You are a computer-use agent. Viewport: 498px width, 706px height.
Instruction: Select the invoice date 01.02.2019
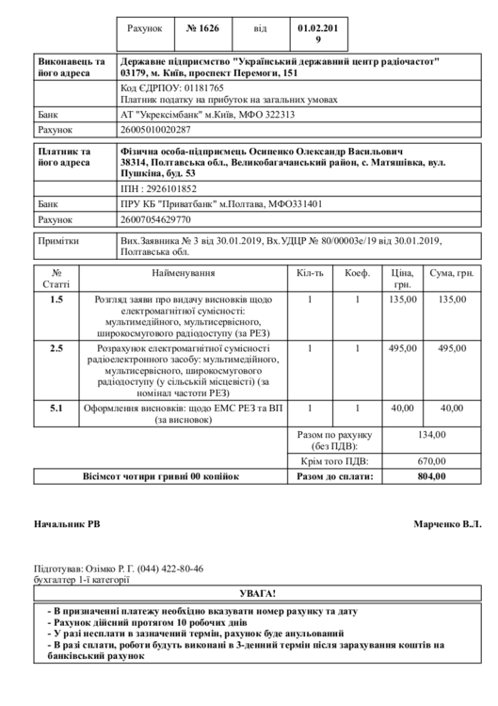317,35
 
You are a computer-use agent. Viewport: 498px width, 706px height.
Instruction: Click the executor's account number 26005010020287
156,129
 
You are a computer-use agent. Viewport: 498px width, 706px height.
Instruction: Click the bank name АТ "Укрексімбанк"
162,114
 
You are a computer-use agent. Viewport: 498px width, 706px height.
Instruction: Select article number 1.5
56,299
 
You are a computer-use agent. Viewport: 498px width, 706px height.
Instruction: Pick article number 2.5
56,348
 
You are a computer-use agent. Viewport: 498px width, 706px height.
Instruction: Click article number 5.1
56,409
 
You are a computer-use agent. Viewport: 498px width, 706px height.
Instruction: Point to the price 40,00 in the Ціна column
402,409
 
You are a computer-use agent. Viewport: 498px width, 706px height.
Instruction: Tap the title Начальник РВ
67,522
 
